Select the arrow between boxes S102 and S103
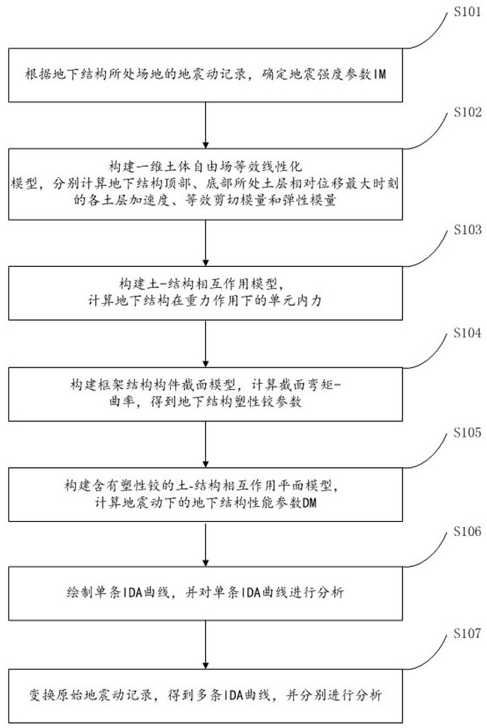coord(205,240)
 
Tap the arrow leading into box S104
coord(205,343)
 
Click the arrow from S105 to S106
coord(205,547)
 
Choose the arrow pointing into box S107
coord(205,649)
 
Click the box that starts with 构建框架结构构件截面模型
coord(205,393)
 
